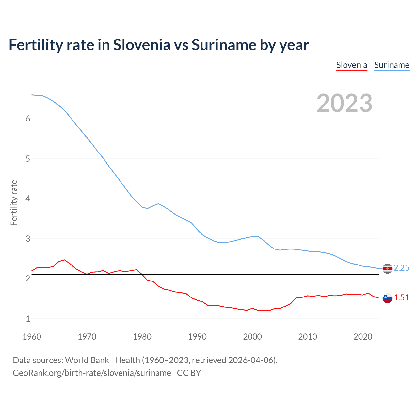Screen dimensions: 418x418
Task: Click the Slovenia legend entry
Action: click(x=352, y=65)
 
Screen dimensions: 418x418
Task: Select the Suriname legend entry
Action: click(x=392, y=65)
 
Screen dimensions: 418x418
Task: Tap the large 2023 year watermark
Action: click(x=345, y=103)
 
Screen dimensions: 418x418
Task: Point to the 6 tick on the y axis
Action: click(x=28, y=119)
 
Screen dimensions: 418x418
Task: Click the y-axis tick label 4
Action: click(x=28, y=199)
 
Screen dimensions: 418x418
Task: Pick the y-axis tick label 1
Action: click(x=28, y=319)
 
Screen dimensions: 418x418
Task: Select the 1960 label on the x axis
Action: click(x=32, y=337)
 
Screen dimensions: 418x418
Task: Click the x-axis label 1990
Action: click(x=197, y=337)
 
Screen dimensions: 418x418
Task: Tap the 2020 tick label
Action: click(x=363, y=337)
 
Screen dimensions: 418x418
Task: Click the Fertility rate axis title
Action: click(x=14, y=202)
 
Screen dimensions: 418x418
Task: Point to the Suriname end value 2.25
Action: click(x=401, y=268)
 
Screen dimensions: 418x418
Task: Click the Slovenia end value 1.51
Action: click(x=401, y=298)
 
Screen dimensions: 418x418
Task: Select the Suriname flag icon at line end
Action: click(x=387, y=268)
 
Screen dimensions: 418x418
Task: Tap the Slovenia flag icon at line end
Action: click(x=387, y=298)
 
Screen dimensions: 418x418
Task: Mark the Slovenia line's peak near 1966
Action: click(x=65, y=260)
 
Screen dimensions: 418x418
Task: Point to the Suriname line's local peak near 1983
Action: click(x=158, y=204)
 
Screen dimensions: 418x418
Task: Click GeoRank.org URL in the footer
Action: click(x=92, y=373)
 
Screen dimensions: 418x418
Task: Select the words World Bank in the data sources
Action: click(x=87, y=360)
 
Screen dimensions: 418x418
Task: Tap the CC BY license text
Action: click(x=189, y=373)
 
